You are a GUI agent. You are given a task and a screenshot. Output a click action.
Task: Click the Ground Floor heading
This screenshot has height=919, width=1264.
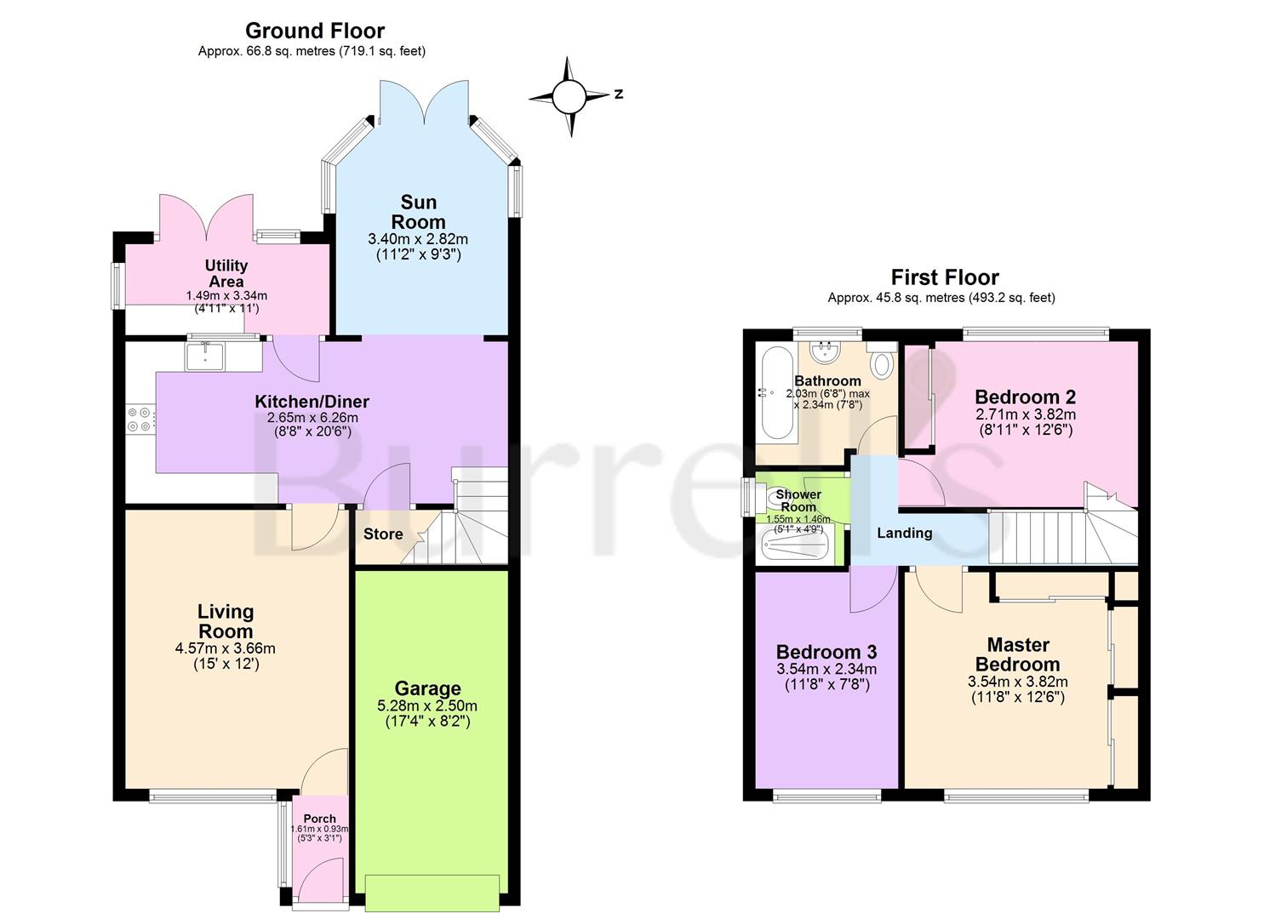pos(315,31)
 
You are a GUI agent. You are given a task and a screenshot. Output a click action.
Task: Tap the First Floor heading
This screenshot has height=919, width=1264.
pos(945,277)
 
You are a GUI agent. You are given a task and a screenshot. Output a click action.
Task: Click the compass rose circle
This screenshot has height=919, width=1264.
pos(569,96)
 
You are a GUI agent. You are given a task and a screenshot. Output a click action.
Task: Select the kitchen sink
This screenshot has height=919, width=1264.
pos(205,356)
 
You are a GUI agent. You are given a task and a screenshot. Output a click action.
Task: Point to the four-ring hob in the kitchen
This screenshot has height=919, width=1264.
pos(139,420)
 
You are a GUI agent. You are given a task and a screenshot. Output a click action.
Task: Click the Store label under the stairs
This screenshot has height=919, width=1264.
pos(383,534)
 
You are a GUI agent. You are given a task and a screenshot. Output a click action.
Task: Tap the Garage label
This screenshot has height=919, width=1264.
pos(428,688)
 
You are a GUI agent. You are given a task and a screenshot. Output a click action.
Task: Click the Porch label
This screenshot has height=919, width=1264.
pos(319,819)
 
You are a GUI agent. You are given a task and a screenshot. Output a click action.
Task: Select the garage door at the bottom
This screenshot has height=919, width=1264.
pos(432,893)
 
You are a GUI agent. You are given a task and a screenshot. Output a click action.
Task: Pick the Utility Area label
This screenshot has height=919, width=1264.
pos(226,274)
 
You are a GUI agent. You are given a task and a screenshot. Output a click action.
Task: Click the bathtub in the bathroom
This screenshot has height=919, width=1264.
pos(776,394)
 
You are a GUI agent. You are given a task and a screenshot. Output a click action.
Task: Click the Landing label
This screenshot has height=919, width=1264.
pos(904,534)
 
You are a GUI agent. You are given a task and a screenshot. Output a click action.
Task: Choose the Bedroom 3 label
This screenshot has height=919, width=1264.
pos(826,652)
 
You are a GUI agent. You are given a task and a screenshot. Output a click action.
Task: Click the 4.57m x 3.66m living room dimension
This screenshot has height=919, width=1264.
pos(226,648)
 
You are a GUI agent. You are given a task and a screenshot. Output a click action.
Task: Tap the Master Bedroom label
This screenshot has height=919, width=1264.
pos(1018,654)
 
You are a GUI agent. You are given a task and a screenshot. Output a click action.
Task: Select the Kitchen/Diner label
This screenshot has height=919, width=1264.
pos(312,402)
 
